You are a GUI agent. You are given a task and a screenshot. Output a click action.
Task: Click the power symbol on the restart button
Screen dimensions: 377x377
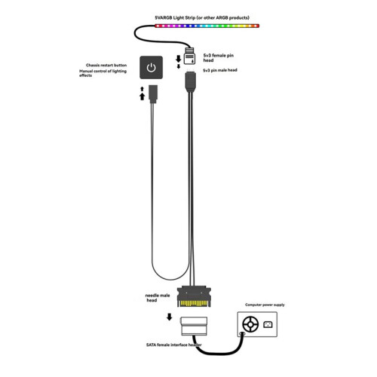pyautogui.click(x=151, y=68)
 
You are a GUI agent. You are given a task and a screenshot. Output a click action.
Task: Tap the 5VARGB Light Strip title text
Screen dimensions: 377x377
pyautogui.click(x=202, y=17)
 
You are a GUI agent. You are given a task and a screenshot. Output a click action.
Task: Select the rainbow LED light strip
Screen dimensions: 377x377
pyautogui.click(x=207, y=26)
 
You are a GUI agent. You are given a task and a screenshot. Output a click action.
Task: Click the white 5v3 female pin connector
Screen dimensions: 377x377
pyautogui.click(x=189, y=57)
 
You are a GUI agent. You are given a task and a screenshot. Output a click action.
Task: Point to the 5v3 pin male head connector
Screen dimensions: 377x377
pyautogui.click(x=191, y=81)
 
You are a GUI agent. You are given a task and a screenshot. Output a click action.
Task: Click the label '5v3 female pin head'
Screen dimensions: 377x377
pyautogui.click(x=218, y=58)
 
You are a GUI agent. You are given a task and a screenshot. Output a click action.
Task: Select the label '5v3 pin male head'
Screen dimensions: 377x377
pyautogui.click(x=220, y=70)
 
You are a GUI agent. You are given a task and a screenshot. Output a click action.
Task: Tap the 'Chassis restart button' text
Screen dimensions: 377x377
pyautogui.click(x=106, y=65)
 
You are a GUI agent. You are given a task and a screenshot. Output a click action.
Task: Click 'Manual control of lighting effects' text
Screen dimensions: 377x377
pyautogui.click(x=103, y=73)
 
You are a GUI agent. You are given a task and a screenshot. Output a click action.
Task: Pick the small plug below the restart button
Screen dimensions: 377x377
pyautogui.click(x=153, y=93)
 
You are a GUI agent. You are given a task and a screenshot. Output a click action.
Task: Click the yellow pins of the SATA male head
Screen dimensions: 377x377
pyautogui.click(x=194, y=303)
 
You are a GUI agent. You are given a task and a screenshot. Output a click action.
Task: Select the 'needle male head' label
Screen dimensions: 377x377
pyautogui.click(x=158, y=298)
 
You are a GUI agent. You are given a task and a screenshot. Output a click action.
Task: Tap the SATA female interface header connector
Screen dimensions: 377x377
pyautogui.click(x=195, y=326)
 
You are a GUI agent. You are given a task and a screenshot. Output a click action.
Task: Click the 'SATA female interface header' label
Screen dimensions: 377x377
pyautogui.click(x=174, y=345)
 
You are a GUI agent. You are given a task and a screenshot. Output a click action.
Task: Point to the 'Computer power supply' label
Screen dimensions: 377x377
pyautogui.click(x=265, y=305)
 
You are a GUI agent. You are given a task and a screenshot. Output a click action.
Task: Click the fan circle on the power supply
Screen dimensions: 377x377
pyautogui.click(x=250, y=324)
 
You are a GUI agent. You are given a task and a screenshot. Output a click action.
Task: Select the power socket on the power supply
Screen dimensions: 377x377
pyautogui.click(x=268, y=325)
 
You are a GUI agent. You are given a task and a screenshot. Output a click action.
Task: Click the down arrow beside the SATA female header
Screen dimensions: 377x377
pyautogui.click(x=170, y=317)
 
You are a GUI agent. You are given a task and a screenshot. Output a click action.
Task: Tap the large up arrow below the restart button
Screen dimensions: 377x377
pyautogui.click(x=143, y=97)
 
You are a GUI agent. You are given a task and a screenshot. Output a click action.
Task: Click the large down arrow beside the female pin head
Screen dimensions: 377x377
pyautogui.click(x=179, y=59)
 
